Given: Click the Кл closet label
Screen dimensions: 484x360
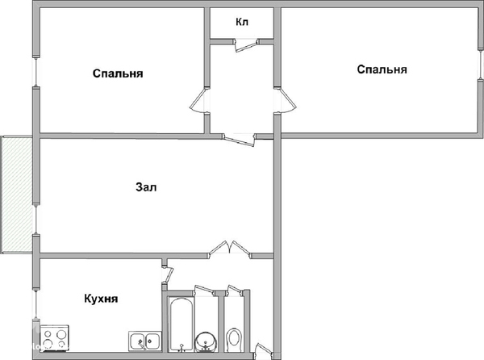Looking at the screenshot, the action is [242, 22].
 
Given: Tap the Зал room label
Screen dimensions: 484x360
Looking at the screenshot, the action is [146, 187].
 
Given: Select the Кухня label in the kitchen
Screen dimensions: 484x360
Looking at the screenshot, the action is [101, 299].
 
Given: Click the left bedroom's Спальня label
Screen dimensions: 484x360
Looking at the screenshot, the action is [118, 73].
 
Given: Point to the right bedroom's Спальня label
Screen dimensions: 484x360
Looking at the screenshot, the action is [382, 69].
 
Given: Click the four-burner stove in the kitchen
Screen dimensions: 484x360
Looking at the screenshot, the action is [55, 337].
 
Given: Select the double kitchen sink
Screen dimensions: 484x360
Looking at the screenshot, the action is [145, 341].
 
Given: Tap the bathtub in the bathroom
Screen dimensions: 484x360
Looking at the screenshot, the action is [181, 324].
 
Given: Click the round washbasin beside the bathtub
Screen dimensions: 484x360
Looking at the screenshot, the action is [207, 341].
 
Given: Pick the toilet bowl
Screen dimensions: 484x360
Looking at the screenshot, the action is [234, 339].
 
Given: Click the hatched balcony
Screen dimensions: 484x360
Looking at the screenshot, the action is [17, 195].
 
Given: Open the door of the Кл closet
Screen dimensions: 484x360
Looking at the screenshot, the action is [247, 44].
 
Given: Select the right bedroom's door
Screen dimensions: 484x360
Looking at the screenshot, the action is [286, 100].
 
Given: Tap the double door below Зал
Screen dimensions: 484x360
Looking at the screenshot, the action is [230, 249].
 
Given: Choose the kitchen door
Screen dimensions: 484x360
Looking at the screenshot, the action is [168, 273].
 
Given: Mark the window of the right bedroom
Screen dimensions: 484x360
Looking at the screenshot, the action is [480, 65].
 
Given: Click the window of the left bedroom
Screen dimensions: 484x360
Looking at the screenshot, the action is [36, 72].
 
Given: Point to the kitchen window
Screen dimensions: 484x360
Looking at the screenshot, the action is [36, 305].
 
